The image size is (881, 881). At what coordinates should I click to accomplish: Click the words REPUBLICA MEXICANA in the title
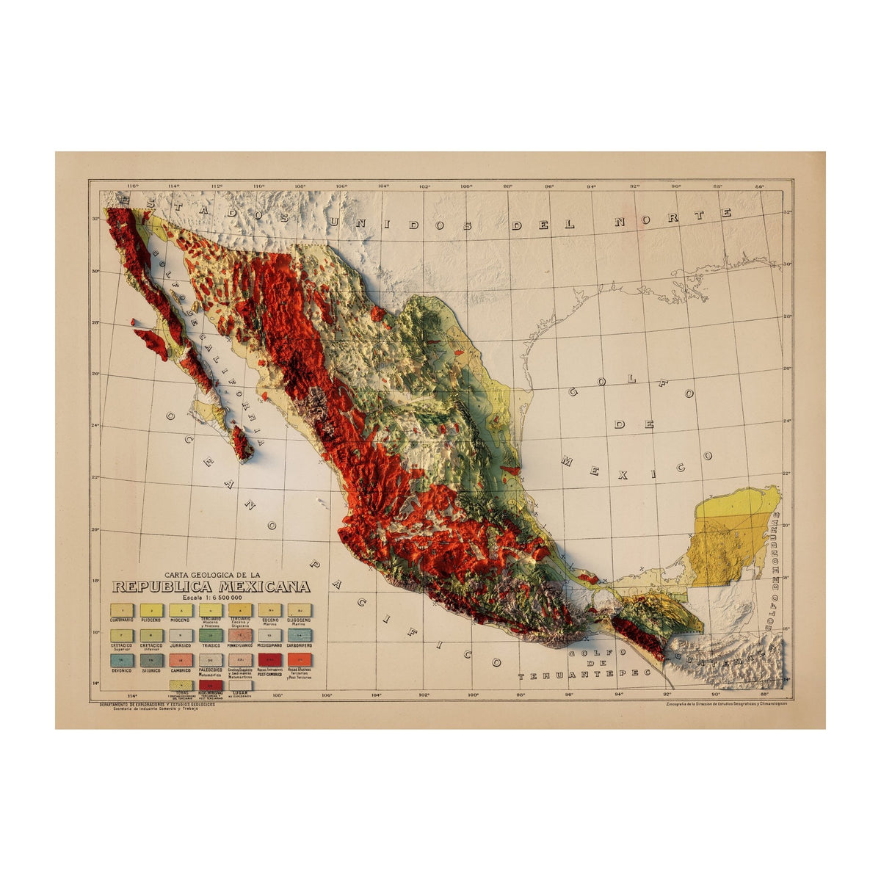tap(211, 587)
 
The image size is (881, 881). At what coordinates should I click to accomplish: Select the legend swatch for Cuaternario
tap(122, 610)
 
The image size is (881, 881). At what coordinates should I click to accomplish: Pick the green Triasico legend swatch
tap(211, 635)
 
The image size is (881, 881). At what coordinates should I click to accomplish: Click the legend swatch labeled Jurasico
tap(181, 635)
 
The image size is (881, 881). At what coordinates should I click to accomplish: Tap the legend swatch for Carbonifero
tap(300, 635)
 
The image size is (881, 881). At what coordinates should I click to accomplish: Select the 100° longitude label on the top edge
tap(465, 186)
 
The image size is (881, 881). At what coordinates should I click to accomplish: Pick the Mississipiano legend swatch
tap(270, 635)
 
